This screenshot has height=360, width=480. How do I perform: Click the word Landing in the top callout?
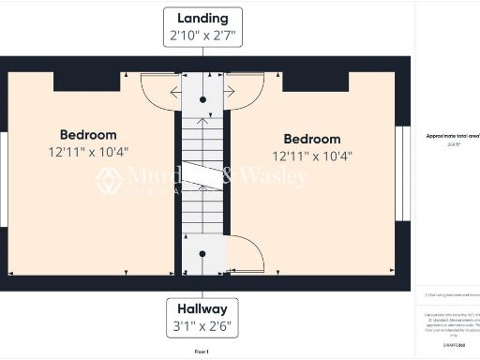click(202, 19)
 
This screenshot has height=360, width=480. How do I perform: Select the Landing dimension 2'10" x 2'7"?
click(202, 37)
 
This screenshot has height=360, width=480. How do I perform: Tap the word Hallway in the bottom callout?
click(202, 309)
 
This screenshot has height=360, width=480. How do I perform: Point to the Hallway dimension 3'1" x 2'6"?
click(202, 327)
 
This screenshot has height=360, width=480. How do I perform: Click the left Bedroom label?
click(88, 134)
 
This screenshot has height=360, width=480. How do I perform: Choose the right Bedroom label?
click(312, 139)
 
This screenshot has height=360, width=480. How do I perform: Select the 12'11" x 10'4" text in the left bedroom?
click(88, 151)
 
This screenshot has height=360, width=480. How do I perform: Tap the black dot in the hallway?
click(203, 254)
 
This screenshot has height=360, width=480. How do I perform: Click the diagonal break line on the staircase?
click(203, 176)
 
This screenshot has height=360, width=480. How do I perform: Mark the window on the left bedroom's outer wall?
click(4, 179)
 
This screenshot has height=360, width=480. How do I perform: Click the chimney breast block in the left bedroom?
click(86, 82)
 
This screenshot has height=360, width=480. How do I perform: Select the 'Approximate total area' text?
click(448, 136)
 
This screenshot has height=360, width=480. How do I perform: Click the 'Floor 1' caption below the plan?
click(202, 352)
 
